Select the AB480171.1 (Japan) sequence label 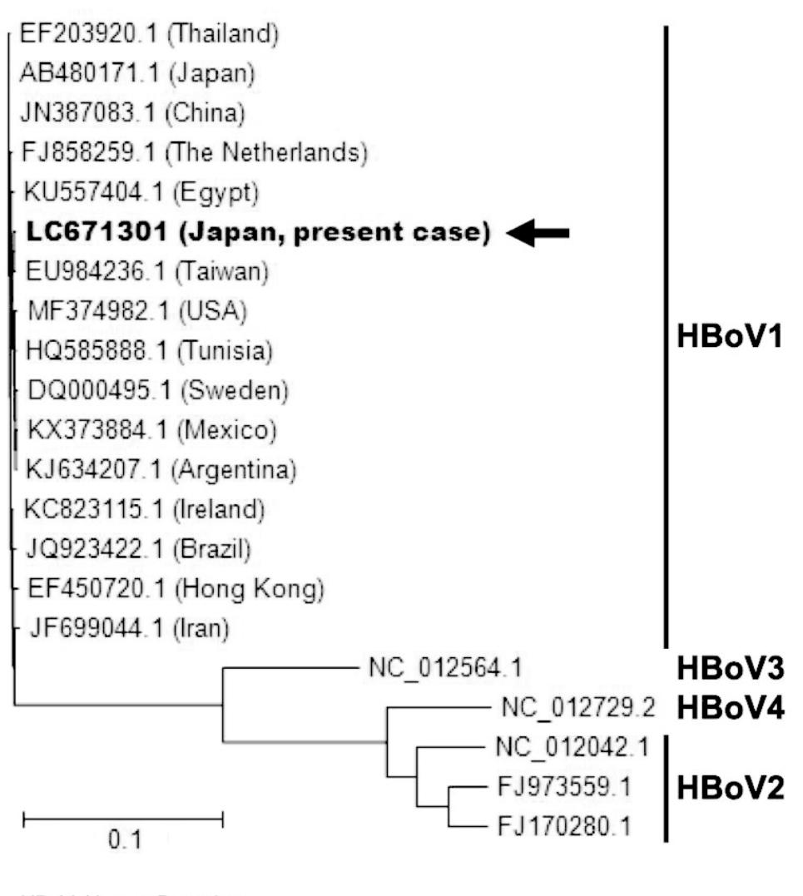click(x=136, y=73)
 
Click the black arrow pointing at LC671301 click(x=538, y=234)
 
